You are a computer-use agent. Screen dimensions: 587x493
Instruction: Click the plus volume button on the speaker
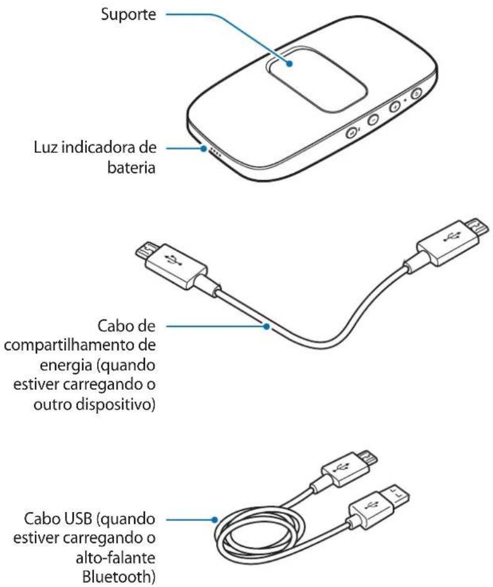395,107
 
